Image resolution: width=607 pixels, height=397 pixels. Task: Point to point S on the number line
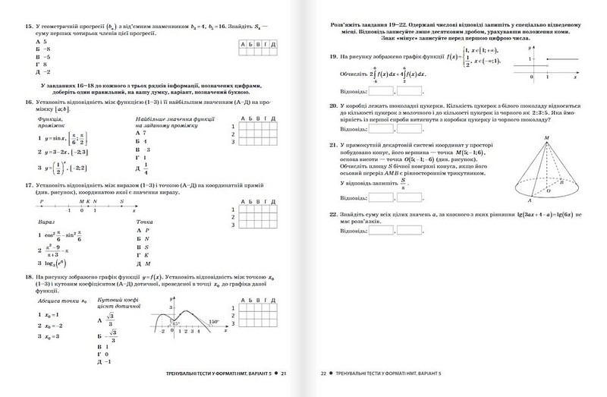coord(121,201)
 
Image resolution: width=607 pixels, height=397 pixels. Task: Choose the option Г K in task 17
coord(141,254)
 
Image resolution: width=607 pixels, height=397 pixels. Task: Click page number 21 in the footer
coord(285,374)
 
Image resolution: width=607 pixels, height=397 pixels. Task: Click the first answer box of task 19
coord(379,93)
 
